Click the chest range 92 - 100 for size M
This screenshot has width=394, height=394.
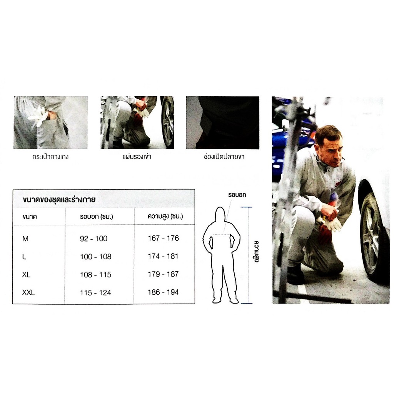93,239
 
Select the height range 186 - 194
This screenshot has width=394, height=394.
163,292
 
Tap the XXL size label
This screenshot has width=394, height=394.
28,292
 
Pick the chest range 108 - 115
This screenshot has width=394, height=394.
95,275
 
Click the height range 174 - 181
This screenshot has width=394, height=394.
163,256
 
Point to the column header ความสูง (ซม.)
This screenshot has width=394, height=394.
165,216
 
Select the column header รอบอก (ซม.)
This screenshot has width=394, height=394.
97,216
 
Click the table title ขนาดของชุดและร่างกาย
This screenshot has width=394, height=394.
59,200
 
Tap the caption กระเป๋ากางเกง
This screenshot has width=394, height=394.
50,157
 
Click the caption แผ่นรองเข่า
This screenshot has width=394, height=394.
137,157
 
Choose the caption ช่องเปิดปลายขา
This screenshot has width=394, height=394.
224,157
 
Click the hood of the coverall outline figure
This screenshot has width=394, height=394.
220,214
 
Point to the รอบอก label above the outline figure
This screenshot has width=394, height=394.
237,195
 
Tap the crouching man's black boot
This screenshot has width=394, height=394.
296,275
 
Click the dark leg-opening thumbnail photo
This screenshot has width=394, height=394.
223,122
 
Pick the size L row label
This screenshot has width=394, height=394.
24,257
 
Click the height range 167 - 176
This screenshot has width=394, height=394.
163,238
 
